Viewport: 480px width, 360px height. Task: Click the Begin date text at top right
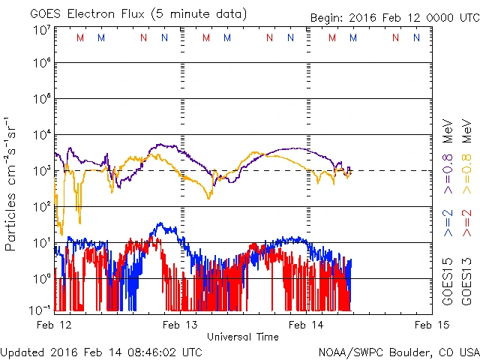coord(394,19)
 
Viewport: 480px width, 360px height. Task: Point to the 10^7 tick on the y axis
coord(41,30)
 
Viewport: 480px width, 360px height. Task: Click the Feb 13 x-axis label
coord(181,325)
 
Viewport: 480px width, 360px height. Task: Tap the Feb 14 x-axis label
coord(306,325)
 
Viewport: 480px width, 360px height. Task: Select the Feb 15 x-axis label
coord(430,325)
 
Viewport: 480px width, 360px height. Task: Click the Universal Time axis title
coord(243,337)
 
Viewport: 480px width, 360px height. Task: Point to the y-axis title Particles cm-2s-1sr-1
coord(11,184)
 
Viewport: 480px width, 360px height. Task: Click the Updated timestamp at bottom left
coord(101,351)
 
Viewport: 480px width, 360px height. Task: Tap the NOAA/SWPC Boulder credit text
coord(398,351)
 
